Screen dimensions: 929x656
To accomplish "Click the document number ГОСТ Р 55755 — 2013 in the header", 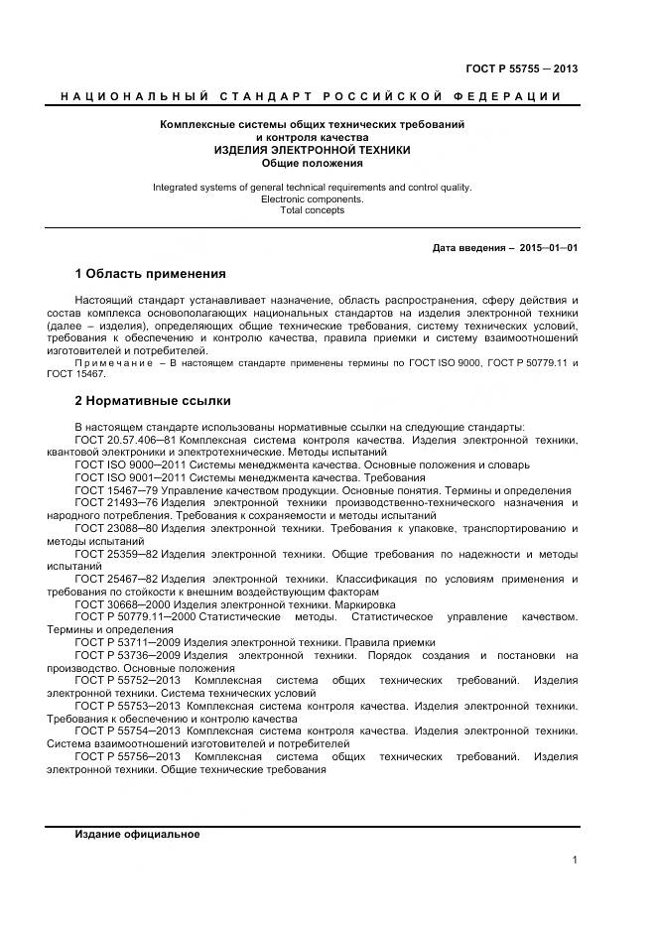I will [x=521, y=68].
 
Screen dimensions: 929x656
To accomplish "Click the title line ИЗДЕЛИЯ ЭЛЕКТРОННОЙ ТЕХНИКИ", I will [x=313, y=150].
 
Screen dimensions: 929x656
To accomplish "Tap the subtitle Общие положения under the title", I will [x=313, y=163].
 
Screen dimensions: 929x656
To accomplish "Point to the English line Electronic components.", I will [x=313, y=199].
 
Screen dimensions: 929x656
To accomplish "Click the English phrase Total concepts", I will [x=313, y=210].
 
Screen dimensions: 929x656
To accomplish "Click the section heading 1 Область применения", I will [x=151, y=274].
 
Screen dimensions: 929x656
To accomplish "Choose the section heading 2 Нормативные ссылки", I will [x=153, y=402].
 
